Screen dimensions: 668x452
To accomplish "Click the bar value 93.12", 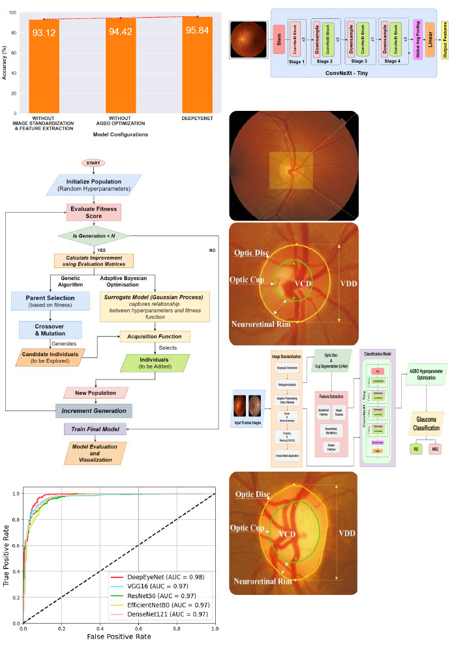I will pos(43,32).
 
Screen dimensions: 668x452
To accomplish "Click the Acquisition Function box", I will pos(155,337).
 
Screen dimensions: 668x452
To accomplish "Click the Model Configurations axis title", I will pos(112,135).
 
